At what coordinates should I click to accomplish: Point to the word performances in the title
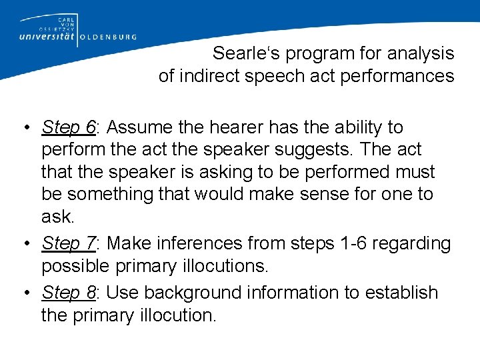(x=397, y=76)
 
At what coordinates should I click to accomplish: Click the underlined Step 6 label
(x=69, y=127)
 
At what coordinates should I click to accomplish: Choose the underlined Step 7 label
(x=69, y=243)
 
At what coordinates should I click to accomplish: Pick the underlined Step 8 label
(x=69, y=293)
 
